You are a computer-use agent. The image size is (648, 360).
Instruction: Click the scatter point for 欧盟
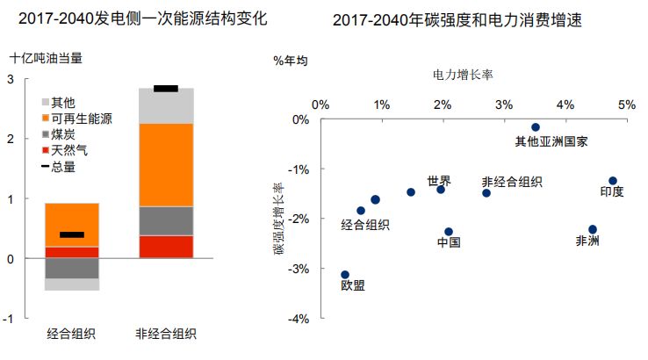click(345, 275)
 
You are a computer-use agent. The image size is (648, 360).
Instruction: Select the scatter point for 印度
click(613, 181)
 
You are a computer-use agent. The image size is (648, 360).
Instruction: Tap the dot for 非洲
click(593, 229)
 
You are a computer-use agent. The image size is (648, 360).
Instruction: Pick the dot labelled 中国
click(449, 232)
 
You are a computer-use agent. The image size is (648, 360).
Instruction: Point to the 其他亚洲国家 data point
click(536, 127)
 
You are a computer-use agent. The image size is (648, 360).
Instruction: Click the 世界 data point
click(441, 190)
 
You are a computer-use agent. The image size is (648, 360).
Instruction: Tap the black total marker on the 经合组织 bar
click(72, 234)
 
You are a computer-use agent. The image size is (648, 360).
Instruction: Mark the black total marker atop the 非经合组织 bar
click(166, 89)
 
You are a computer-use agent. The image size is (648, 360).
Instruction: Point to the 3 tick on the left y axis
click(11, 79)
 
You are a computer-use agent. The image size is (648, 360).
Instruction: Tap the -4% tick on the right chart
click(301, 319)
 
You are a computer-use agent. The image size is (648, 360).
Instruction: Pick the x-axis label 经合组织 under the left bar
click(72, 335)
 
